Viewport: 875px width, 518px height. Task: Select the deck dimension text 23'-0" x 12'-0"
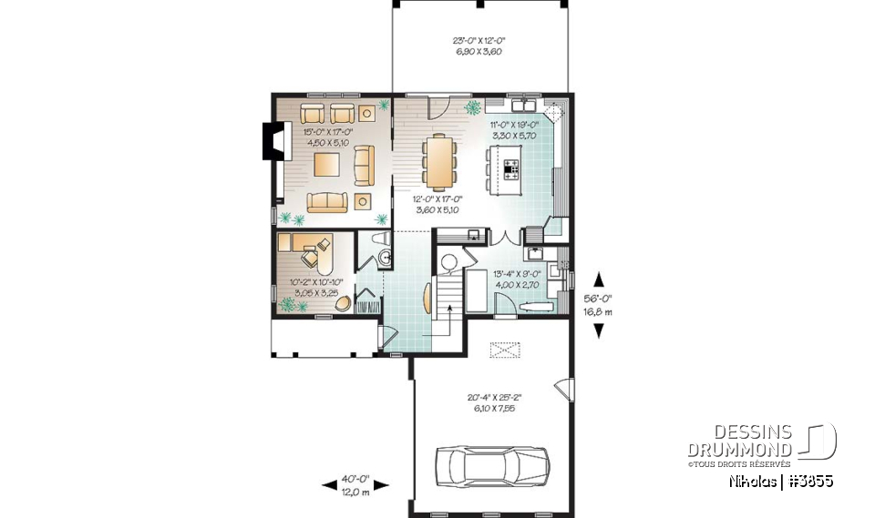pos(479,45)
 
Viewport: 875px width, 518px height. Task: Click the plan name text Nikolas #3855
pos(780,481)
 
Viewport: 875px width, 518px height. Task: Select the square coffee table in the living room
pos(326,164)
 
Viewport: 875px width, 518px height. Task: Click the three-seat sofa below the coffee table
pos(326,202)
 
